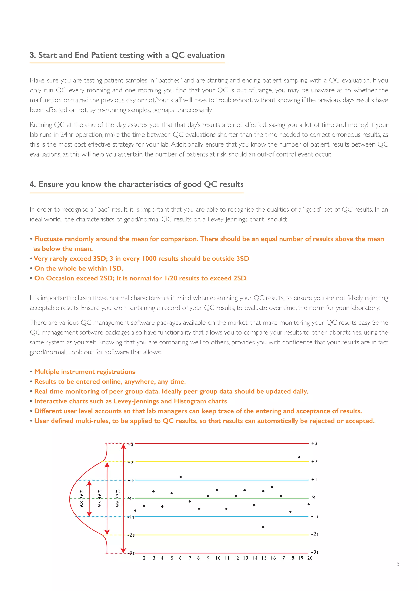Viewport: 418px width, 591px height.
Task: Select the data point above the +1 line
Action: point(180,477)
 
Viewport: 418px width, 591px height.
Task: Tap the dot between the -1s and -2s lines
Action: point(263,527)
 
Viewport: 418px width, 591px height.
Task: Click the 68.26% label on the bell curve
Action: point(82,498)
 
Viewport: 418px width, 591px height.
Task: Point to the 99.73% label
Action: point(118,498)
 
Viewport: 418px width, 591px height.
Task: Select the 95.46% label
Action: point(100,498)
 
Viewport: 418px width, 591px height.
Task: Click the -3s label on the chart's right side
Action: point(315,552)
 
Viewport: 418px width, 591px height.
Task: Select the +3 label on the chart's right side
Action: point(314,443)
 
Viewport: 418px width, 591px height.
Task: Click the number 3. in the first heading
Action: point(32,55)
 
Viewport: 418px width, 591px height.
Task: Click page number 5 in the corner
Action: point(398,564)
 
